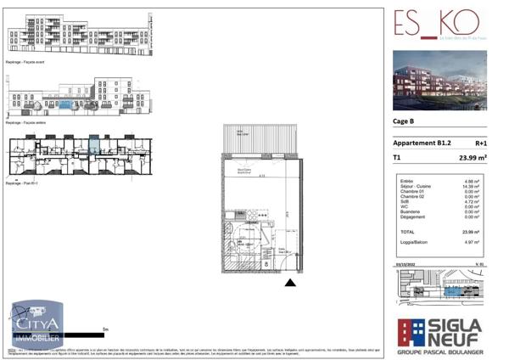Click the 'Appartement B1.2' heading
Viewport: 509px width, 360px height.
[422, 143]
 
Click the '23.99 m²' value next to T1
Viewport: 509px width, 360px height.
[470, 157]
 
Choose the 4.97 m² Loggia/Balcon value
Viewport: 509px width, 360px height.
[473, 243]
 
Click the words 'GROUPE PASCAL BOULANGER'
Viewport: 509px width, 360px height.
[439, 350]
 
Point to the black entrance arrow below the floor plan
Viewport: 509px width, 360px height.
[291, 283]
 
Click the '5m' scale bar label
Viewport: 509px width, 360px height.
[103, 329]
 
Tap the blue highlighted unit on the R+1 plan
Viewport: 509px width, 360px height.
[94, 145]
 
